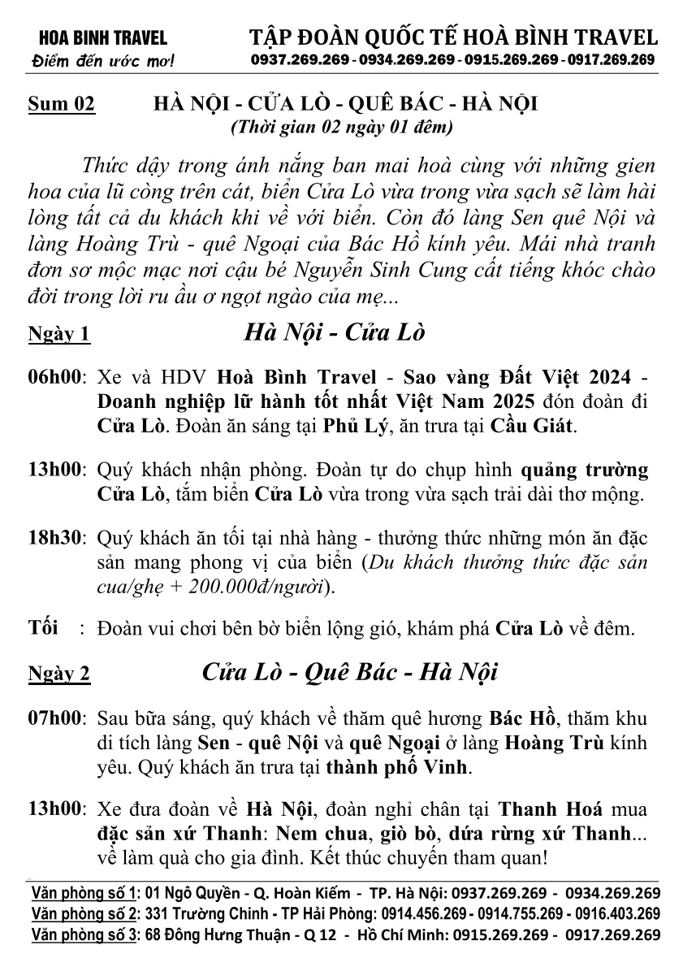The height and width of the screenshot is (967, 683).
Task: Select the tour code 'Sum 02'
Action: (62, 105)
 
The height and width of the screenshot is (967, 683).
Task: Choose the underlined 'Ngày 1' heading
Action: (59, 335)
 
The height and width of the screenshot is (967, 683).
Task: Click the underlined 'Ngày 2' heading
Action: (59, 674)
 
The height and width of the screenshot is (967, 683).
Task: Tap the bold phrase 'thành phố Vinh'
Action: (396, 765)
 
